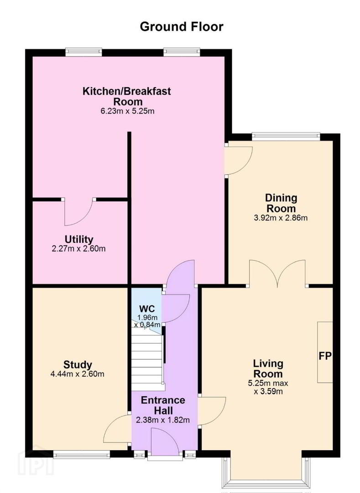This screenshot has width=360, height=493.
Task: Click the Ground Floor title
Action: pyautogui.click(x=182, y=27)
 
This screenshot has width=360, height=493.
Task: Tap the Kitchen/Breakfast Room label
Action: pyautogui.click(x=127, y=96)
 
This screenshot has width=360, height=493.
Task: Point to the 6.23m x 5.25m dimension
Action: pyautogui.click(x=127, y=111)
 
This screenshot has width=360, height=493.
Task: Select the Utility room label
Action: pyautogui.click(x=79, y=239)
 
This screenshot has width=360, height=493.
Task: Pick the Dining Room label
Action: pyautogui.click(x=281, y=203)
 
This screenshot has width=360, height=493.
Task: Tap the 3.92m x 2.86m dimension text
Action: pyautogui.click(x=281, y=218)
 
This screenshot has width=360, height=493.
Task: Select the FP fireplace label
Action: pyautogui.click(x=325, y=356)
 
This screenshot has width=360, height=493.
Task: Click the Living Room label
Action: pyautogui.click(x=268, y=368)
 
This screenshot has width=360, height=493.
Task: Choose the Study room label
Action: pyautogui.click(x=78, y=365)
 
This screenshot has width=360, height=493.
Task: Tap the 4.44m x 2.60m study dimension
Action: pyautogui.click(x=77, y=374)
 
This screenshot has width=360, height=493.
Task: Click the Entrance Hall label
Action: pyautogui.click(x=163, y=405)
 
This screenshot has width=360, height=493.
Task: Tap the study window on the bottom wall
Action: pyautogui.click(x=81, y=453)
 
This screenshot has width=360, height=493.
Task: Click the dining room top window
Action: pyautogui.click(x=286, y=136)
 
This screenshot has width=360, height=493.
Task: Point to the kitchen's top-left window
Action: pyautogui.click(x=84, y=52)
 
